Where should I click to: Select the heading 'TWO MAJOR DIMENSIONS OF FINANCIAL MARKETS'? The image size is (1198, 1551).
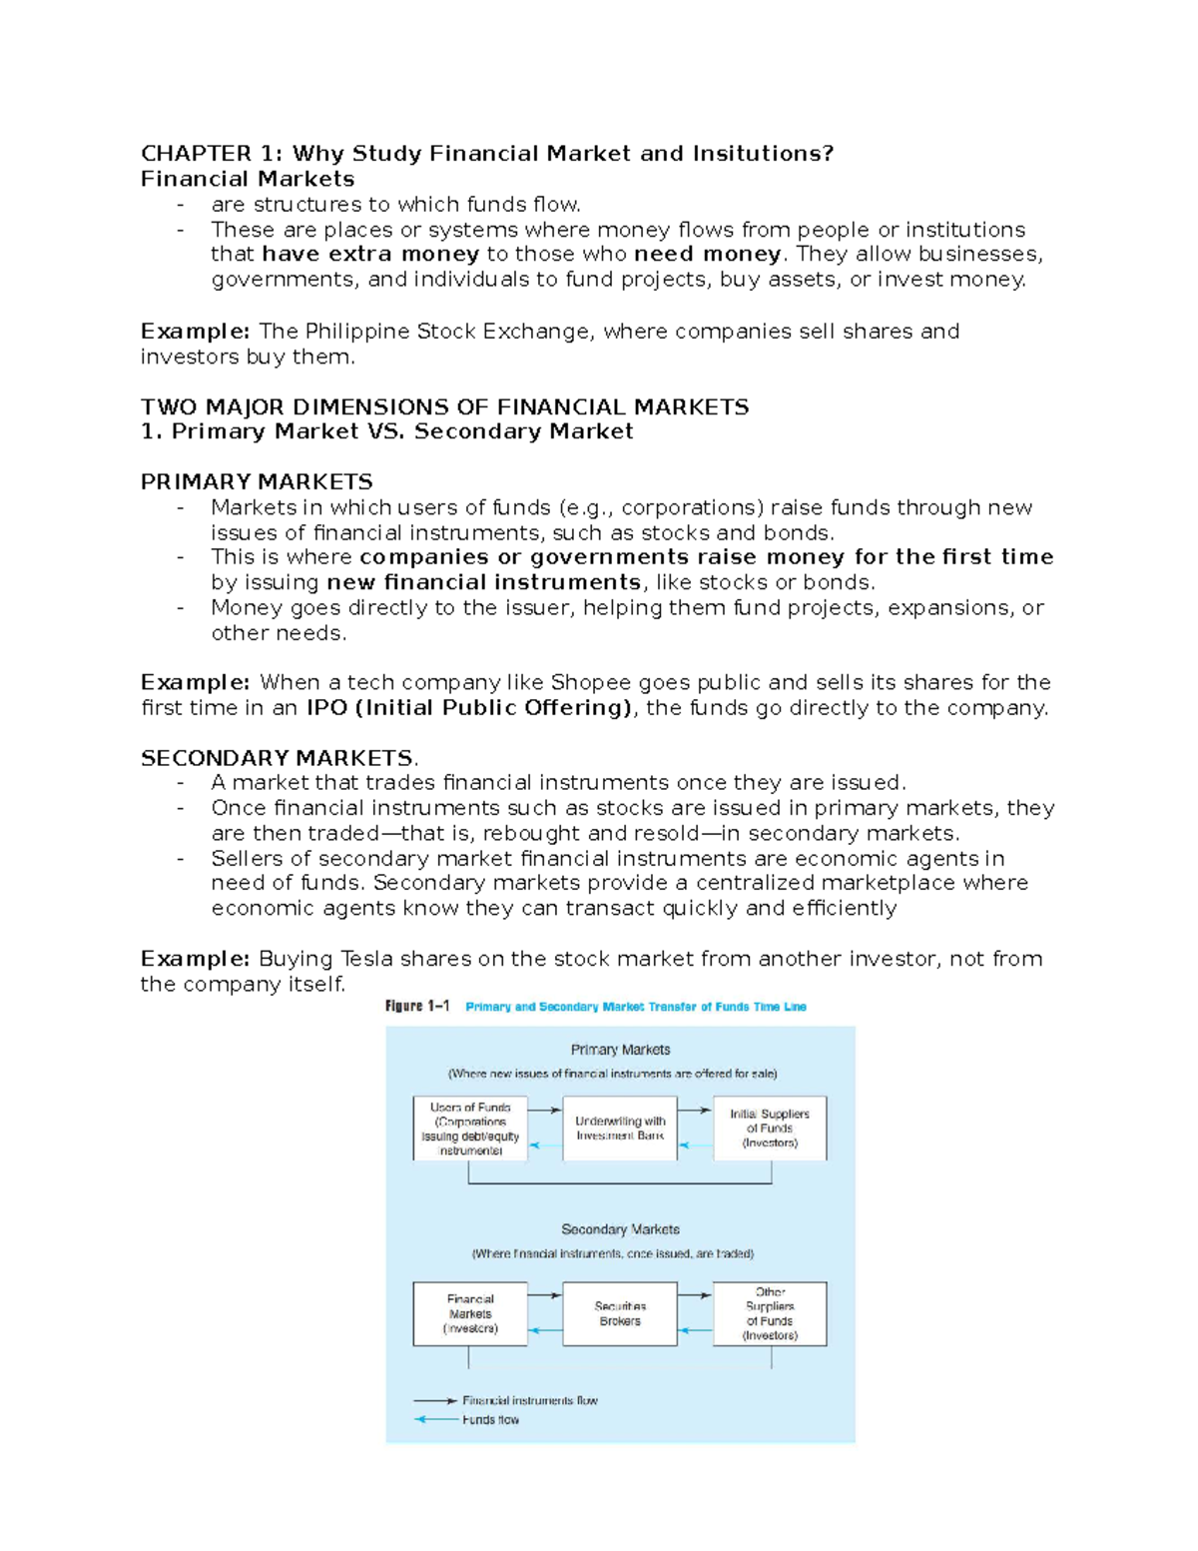pos(444,406)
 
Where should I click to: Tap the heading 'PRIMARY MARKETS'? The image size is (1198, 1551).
pos(257,481)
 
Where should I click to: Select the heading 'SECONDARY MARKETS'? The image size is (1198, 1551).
pos(277,757)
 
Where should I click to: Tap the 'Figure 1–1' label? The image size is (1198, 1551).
pos(417,1007)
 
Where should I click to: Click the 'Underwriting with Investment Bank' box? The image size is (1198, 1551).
pos(620,1129)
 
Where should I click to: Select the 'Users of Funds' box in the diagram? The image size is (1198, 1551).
pos(470,1129)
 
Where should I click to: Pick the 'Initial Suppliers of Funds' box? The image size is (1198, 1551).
pos(770,1129)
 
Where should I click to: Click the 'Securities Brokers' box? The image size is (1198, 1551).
pos(620,1313)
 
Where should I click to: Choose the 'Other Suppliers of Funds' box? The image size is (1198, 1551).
pos(770,1313)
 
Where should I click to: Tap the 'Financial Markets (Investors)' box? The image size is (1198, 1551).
pos(470,1313)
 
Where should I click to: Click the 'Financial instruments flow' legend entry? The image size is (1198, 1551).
pos(529,1400)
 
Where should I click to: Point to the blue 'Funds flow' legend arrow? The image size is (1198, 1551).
pos(436,1419)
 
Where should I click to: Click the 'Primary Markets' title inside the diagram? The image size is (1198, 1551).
pos(620,1050)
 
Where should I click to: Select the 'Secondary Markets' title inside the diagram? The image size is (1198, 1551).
pos(620,1229)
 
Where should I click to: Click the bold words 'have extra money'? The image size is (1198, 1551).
pos(370,254)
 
